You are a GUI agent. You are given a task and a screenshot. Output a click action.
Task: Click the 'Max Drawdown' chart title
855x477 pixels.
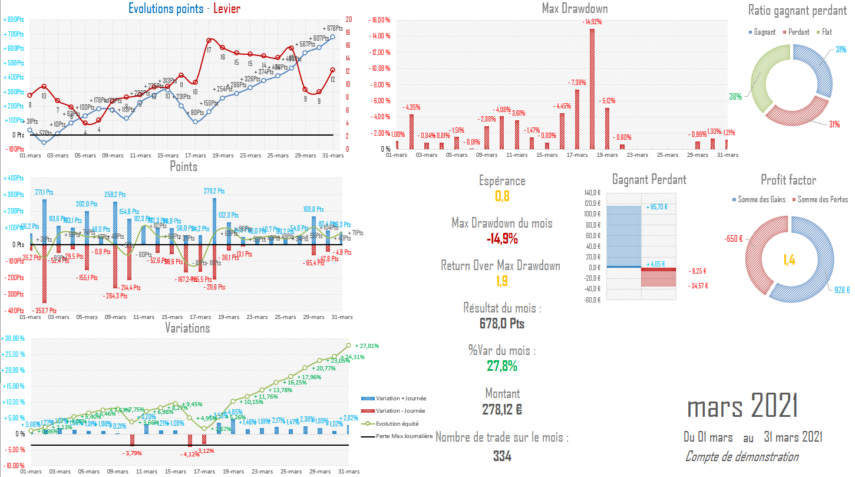[575, 8]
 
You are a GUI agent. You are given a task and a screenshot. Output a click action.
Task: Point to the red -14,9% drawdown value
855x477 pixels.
[502, 238]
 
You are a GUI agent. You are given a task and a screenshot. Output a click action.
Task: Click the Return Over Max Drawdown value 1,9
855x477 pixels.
[502, 281]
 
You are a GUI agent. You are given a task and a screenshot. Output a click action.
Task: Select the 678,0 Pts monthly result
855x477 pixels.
[502, 323]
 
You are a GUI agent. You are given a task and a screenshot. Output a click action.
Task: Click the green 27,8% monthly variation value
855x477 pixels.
[502, 366]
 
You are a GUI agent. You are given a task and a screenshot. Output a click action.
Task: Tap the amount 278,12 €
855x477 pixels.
[502, 408]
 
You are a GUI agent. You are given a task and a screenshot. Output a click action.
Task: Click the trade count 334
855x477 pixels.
[502, 456]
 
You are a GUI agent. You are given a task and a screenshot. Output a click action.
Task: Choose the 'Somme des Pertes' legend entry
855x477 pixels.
[823, 199]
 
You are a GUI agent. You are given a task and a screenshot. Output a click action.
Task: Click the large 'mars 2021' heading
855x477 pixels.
[743, 407]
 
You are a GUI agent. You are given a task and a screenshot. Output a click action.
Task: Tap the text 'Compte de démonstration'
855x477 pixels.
[742, 457]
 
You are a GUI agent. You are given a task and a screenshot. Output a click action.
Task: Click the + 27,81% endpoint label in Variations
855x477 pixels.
[367, 346]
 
